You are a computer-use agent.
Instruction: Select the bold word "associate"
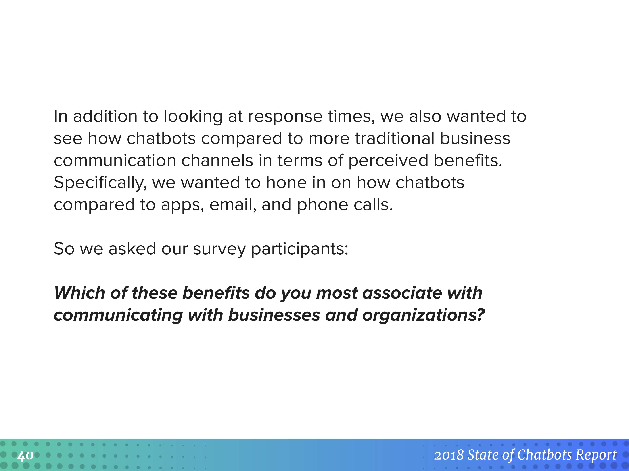point(402,293)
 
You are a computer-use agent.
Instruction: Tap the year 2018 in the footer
point(449,455)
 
